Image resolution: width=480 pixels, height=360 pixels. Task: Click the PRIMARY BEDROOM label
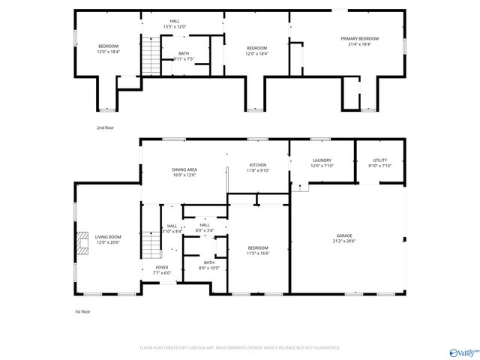point(359,39)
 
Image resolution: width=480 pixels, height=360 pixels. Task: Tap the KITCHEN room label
point(259,165)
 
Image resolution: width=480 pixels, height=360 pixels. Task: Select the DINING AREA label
point(184,169)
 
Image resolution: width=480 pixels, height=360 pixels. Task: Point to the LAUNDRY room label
point(322,160)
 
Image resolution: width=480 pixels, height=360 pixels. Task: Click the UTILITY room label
point(379,160)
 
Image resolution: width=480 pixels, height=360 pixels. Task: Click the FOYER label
point(163,268)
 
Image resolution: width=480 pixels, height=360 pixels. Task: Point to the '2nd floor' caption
point(105,128)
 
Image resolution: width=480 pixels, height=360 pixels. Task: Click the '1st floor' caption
point(82,311)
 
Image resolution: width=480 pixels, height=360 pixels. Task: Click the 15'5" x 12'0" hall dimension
point(175,27)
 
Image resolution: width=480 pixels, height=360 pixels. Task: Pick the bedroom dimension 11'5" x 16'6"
point(257,253)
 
